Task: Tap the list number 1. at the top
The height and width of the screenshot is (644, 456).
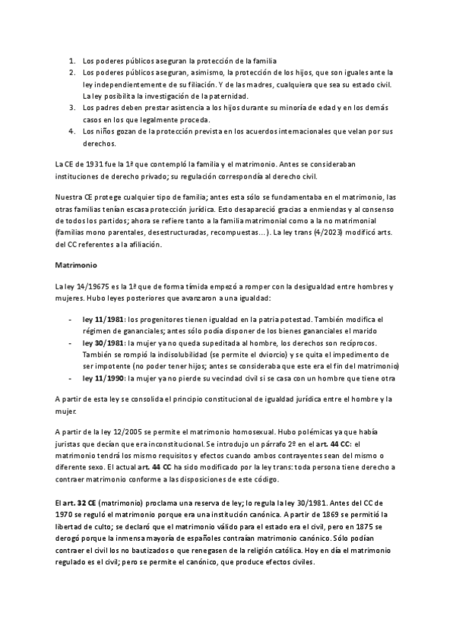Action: (72, 59)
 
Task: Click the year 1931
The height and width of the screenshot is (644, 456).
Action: (94, 163)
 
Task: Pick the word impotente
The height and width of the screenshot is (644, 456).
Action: (106, 365)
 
